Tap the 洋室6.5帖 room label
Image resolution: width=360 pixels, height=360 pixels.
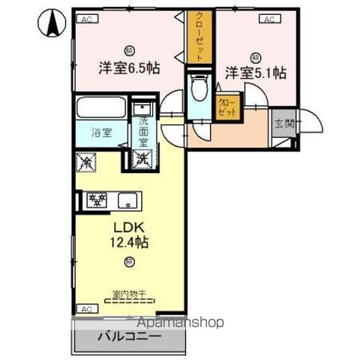130,67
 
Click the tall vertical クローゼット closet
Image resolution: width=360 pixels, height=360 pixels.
200,37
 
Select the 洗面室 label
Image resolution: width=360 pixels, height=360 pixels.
143,132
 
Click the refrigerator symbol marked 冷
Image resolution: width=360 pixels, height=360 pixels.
85,160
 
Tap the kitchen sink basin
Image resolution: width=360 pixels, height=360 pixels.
127,199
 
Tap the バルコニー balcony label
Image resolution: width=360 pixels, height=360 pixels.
127,337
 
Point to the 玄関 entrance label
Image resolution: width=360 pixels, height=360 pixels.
283,124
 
